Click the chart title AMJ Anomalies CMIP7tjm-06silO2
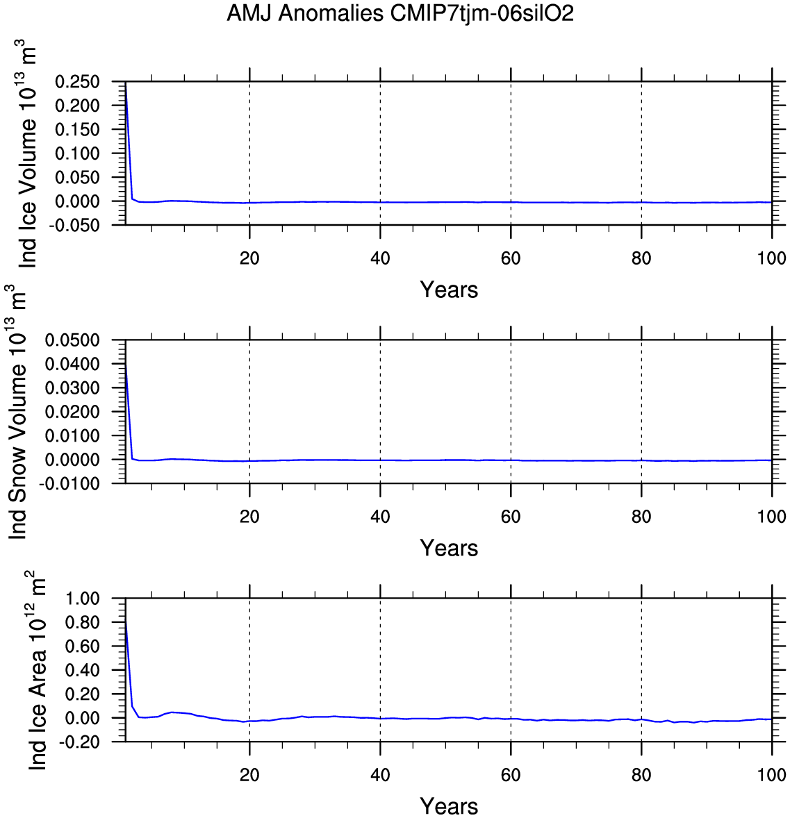[x=400, y=14]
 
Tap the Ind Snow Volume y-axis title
[x=19, y=412]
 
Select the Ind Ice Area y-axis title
[x=39, y=670]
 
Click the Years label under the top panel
[x=449, y=290]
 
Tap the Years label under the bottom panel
[x=449, y=806]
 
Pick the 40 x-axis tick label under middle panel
[x=380, y=517]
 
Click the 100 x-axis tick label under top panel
[x=771, y=258]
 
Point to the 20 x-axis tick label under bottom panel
[x=249, y=775]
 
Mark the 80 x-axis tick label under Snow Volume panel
[x=641, y=517]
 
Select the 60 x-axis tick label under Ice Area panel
[x=511, y=775]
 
